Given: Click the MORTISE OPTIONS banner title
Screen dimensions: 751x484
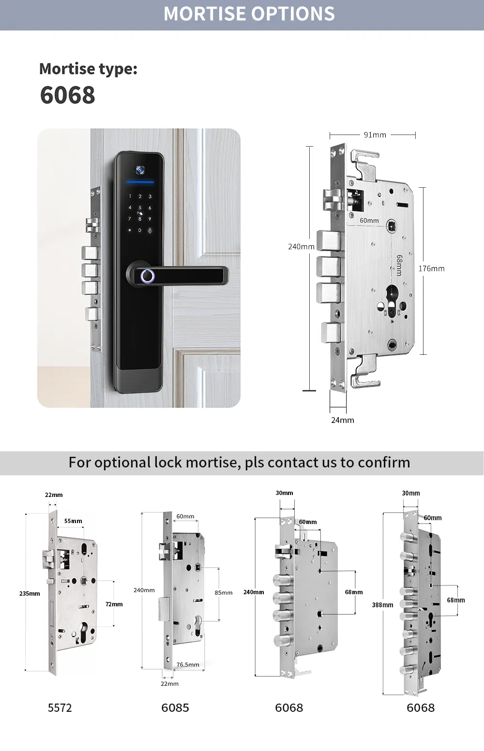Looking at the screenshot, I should [x=249, y=14].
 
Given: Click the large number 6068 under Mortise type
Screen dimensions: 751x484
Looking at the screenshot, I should [x=67, y=95].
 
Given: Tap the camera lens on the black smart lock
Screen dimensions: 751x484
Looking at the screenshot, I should [x=140, y=170].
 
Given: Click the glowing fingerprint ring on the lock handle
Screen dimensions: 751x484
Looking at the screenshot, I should [x=147, y=276].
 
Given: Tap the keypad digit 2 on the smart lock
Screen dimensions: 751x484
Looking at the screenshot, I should [x=140, y=196].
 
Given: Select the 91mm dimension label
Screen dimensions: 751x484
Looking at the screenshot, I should [x=375, y=135].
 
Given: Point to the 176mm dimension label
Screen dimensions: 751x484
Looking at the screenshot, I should [x=431, y=269].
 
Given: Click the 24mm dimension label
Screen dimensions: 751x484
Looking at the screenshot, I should [x=342, y=420].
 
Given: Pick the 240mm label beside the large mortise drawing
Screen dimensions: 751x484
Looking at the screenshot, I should [x=301, y=246].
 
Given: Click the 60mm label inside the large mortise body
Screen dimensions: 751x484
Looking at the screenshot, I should [x=369, y=221].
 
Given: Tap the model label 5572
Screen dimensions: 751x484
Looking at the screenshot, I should [x=60, y=708].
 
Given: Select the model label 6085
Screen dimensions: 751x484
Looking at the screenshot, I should [x=175, y=708].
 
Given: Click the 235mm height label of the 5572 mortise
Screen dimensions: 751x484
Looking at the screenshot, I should [x=30, y=593].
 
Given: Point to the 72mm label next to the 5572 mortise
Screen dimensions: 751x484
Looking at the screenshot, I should [x=114, y=604].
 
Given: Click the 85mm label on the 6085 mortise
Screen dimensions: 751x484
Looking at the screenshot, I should [x=223, y=592].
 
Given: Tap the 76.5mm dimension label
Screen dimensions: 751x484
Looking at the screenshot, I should [x=187, y=664].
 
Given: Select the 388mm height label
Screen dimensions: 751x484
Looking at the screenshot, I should [x=382, y=605].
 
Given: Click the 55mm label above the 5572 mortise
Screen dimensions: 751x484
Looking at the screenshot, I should [x=73, y=521].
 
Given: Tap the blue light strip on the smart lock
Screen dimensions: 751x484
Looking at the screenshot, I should [x=140, y=182].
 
